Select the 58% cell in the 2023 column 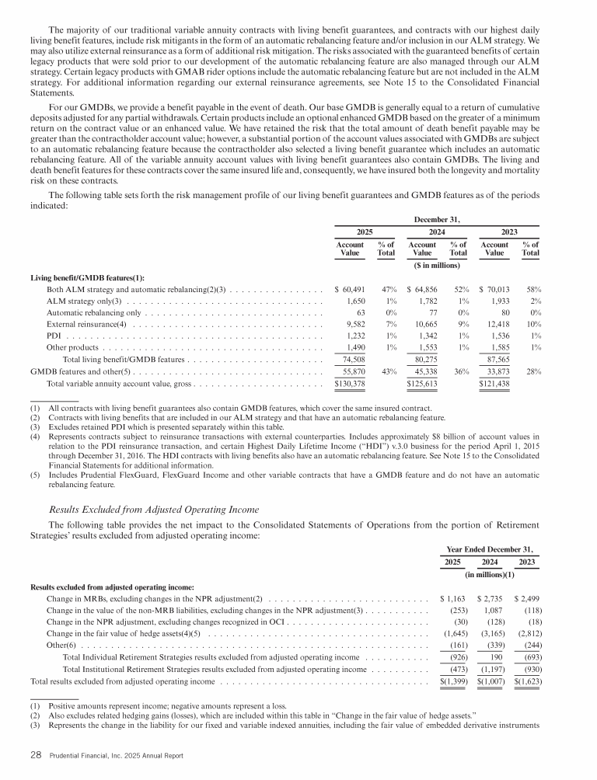532,289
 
